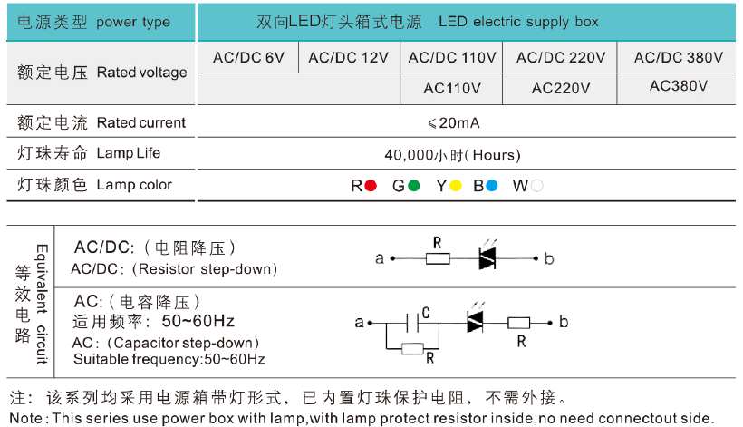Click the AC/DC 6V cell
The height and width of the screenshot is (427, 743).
point(248,59)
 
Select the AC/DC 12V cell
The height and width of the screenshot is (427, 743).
point(348,59)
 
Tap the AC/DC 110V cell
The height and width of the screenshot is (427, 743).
point(452,59)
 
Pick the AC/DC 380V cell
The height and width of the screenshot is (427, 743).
point(679,59)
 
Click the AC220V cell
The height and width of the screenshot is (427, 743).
point(561,88)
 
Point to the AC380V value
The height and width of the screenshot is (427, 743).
point(679,86)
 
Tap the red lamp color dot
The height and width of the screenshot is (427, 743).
point(371,186)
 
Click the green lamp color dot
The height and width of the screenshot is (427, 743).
point(413,186)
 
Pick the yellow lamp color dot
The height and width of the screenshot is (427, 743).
point(455,186)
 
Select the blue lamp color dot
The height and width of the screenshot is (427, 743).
point(492,186)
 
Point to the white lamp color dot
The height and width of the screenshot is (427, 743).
point(537,186)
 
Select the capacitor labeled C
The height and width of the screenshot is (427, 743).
point(414,322)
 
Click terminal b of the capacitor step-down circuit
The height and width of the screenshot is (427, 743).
point(550,322)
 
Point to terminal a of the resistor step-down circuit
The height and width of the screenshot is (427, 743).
point(391,258)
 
